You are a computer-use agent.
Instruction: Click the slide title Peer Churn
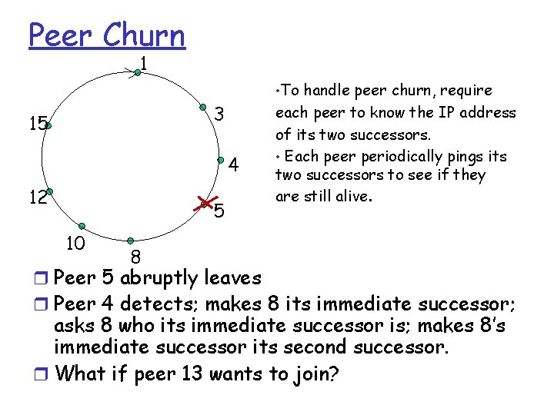pos(107,35)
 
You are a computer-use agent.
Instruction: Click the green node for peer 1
pos(137,73)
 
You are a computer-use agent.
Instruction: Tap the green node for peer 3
pos(203,107)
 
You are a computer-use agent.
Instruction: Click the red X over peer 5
pos(205,203)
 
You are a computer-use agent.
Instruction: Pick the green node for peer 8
pos(131,241)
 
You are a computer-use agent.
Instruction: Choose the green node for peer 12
pos(48,191)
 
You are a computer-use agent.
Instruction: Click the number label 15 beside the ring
pos(36,123)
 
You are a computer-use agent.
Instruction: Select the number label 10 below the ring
pos(75,244)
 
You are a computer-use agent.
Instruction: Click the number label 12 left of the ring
pos(36,198)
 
